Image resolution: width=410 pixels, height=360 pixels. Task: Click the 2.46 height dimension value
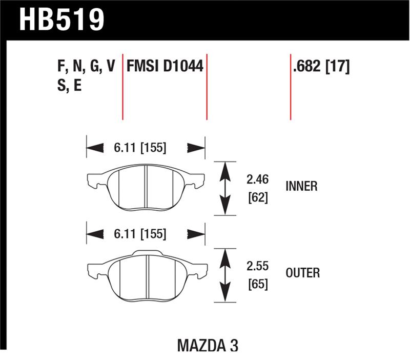257,180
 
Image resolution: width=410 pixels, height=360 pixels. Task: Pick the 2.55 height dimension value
257,267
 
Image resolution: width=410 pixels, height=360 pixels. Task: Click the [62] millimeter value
257,197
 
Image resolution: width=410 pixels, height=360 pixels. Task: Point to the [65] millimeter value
257,284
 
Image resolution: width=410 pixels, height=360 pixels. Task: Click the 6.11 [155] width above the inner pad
140,148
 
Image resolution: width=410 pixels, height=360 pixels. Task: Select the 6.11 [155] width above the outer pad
140,234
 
